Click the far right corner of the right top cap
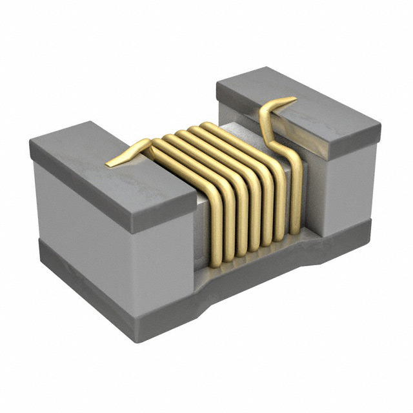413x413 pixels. coord(380,136)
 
